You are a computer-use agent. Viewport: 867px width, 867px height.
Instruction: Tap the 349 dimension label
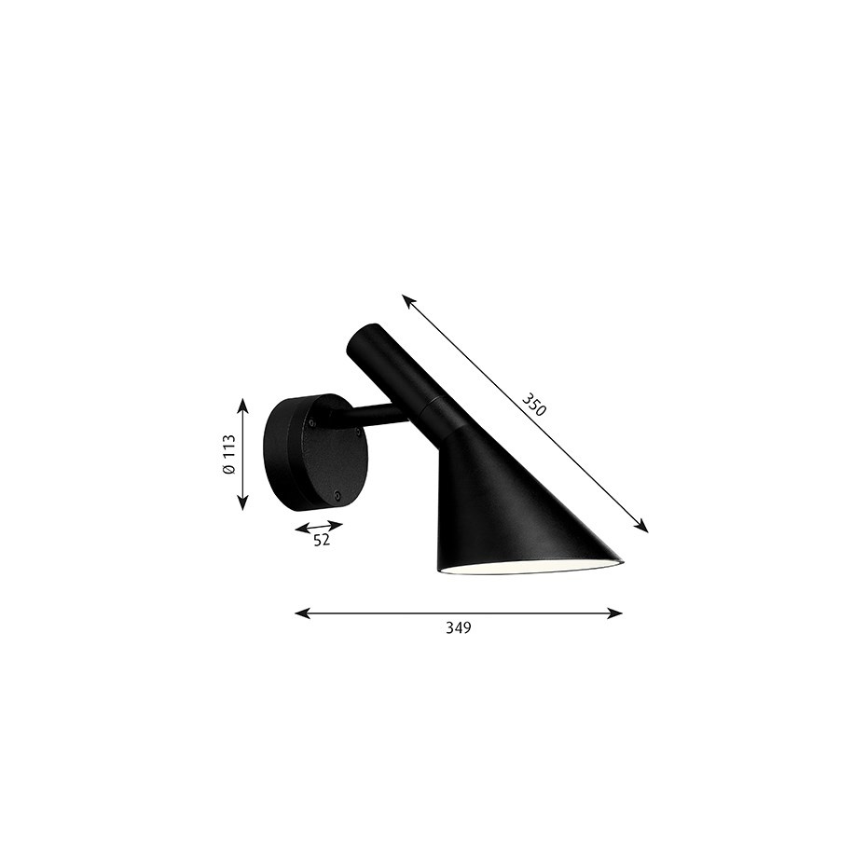click(458, 628)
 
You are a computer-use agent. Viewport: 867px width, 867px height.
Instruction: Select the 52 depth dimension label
click(322, 540)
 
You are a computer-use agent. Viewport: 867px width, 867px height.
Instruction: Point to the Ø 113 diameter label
click(228, 455)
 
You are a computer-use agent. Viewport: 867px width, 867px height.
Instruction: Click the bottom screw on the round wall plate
click(338, 496)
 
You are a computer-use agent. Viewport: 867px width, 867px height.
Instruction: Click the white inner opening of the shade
click(527, 568)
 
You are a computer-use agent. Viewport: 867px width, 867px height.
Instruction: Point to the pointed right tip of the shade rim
click(620, 560)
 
